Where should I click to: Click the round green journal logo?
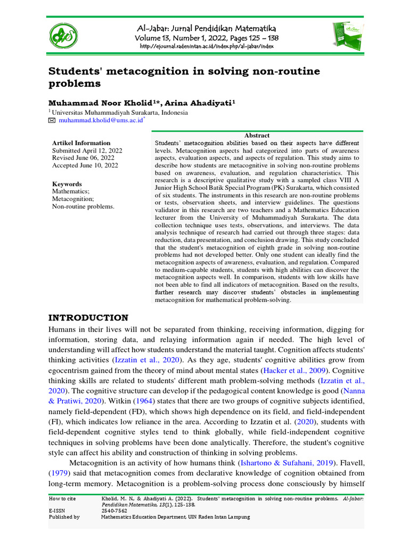(x=63, y=36)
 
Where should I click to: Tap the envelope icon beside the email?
(x=52, y=122)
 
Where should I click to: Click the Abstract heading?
(x=257, y=135)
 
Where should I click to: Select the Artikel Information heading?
(x=81, y=143)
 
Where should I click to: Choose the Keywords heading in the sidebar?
(x=67, y=184)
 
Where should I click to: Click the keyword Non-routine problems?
(x=83, y=206)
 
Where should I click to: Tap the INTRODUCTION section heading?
(x=88, y=318)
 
